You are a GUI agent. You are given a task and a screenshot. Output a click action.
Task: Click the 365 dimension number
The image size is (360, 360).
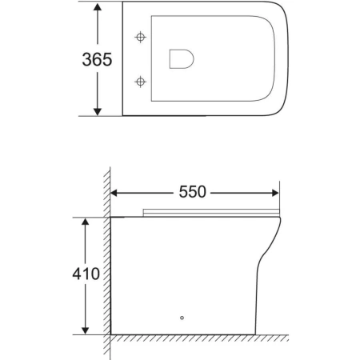click(95, 59)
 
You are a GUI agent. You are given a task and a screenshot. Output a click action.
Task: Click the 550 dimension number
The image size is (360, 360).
click(192, 192)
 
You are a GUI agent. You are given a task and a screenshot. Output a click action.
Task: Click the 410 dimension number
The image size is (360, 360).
click(84, 274)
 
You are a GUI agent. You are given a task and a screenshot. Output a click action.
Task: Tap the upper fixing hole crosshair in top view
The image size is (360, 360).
click(142, 38)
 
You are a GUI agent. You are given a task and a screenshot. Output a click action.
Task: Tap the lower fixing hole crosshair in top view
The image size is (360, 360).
click(142, 81)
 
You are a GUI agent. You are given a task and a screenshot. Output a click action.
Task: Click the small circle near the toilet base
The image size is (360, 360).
click(182, 318)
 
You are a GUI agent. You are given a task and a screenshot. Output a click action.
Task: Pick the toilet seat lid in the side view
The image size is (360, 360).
click(212, 212)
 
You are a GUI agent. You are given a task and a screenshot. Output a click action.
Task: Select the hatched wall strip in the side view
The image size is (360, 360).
click(106, 256)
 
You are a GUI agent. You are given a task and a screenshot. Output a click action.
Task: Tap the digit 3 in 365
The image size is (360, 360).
click(86, 59)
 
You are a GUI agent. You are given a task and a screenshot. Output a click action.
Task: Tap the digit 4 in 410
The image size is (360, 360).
click(75, 274)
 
